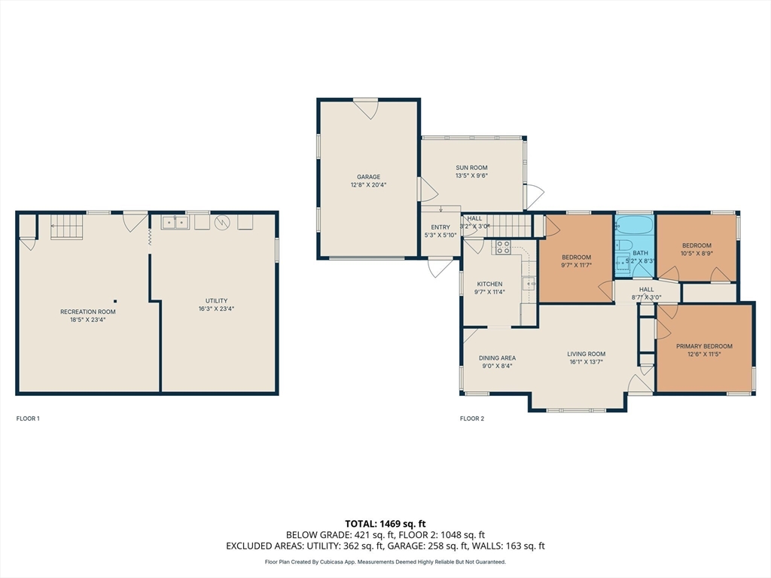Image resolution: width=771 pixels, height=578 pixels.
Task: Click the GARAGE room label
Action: click(x=368, y=177)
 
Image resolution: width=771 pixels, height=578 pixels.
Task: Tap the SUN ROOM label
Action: click(x=471, y=168)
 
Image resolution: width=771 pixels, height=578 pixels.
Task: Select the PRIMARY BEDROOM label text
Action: click(x=704, y=346)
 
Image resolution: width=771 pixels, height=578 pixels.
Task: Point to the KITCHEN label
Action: click(x=489, y=284)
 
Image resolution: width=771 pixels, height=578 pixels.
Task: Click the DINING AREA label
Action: click(x=497, y=357)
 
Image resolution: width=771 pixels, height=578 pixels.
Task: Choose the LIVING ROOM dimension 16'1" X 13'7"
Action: click(x=586, y=362)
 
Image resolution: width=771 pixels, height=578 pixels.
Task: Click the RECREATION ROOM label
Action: click(x=88, y=312)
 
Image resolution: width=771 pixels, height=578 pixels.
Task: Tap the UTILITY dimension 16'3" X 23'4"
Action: click(x=216, y=309)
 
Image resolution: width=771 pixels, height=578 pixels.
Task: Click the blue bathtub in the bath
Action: click(x=634, y=226)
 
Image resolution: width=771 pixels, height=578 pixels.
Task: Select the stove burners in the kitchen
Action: click(x=502, y=247)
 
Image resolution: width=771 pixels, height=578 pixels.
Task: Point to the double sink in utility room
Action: click(x=175, y=223)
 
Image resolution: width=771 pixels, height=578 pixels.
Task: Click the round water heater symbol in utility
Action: click(x=222, y=223)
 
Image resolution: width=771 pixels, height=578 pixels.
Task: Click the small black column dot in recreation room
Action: click(x=115, y=301)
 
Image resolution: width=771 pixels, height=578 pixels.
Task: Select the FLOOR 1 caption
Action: click(x=28, y=418)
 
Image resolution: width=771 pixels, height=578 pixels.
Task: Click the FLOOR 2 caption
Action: click(x=472, y=418)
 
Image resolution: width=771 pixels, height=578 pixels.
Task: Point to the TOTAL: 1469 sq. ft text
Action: click(x=385, y=524)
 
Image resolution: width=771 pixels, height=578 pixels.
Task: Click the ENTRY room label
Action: click(x=440, y=227)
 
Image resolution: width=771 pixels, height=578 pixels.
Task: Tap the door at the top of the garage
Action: click(x=366, y=108)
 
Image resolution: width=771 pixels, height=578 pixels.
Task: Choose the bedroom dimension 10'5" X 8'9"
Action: click(x=696, y=254)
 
